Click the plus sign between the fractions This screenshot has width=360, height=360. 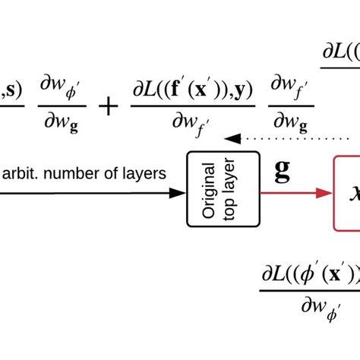coord(109,106)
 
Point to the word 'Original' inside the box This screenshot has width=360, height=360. coord(211,188)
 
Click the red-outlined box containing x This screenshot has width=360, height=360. coord(346,193)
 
